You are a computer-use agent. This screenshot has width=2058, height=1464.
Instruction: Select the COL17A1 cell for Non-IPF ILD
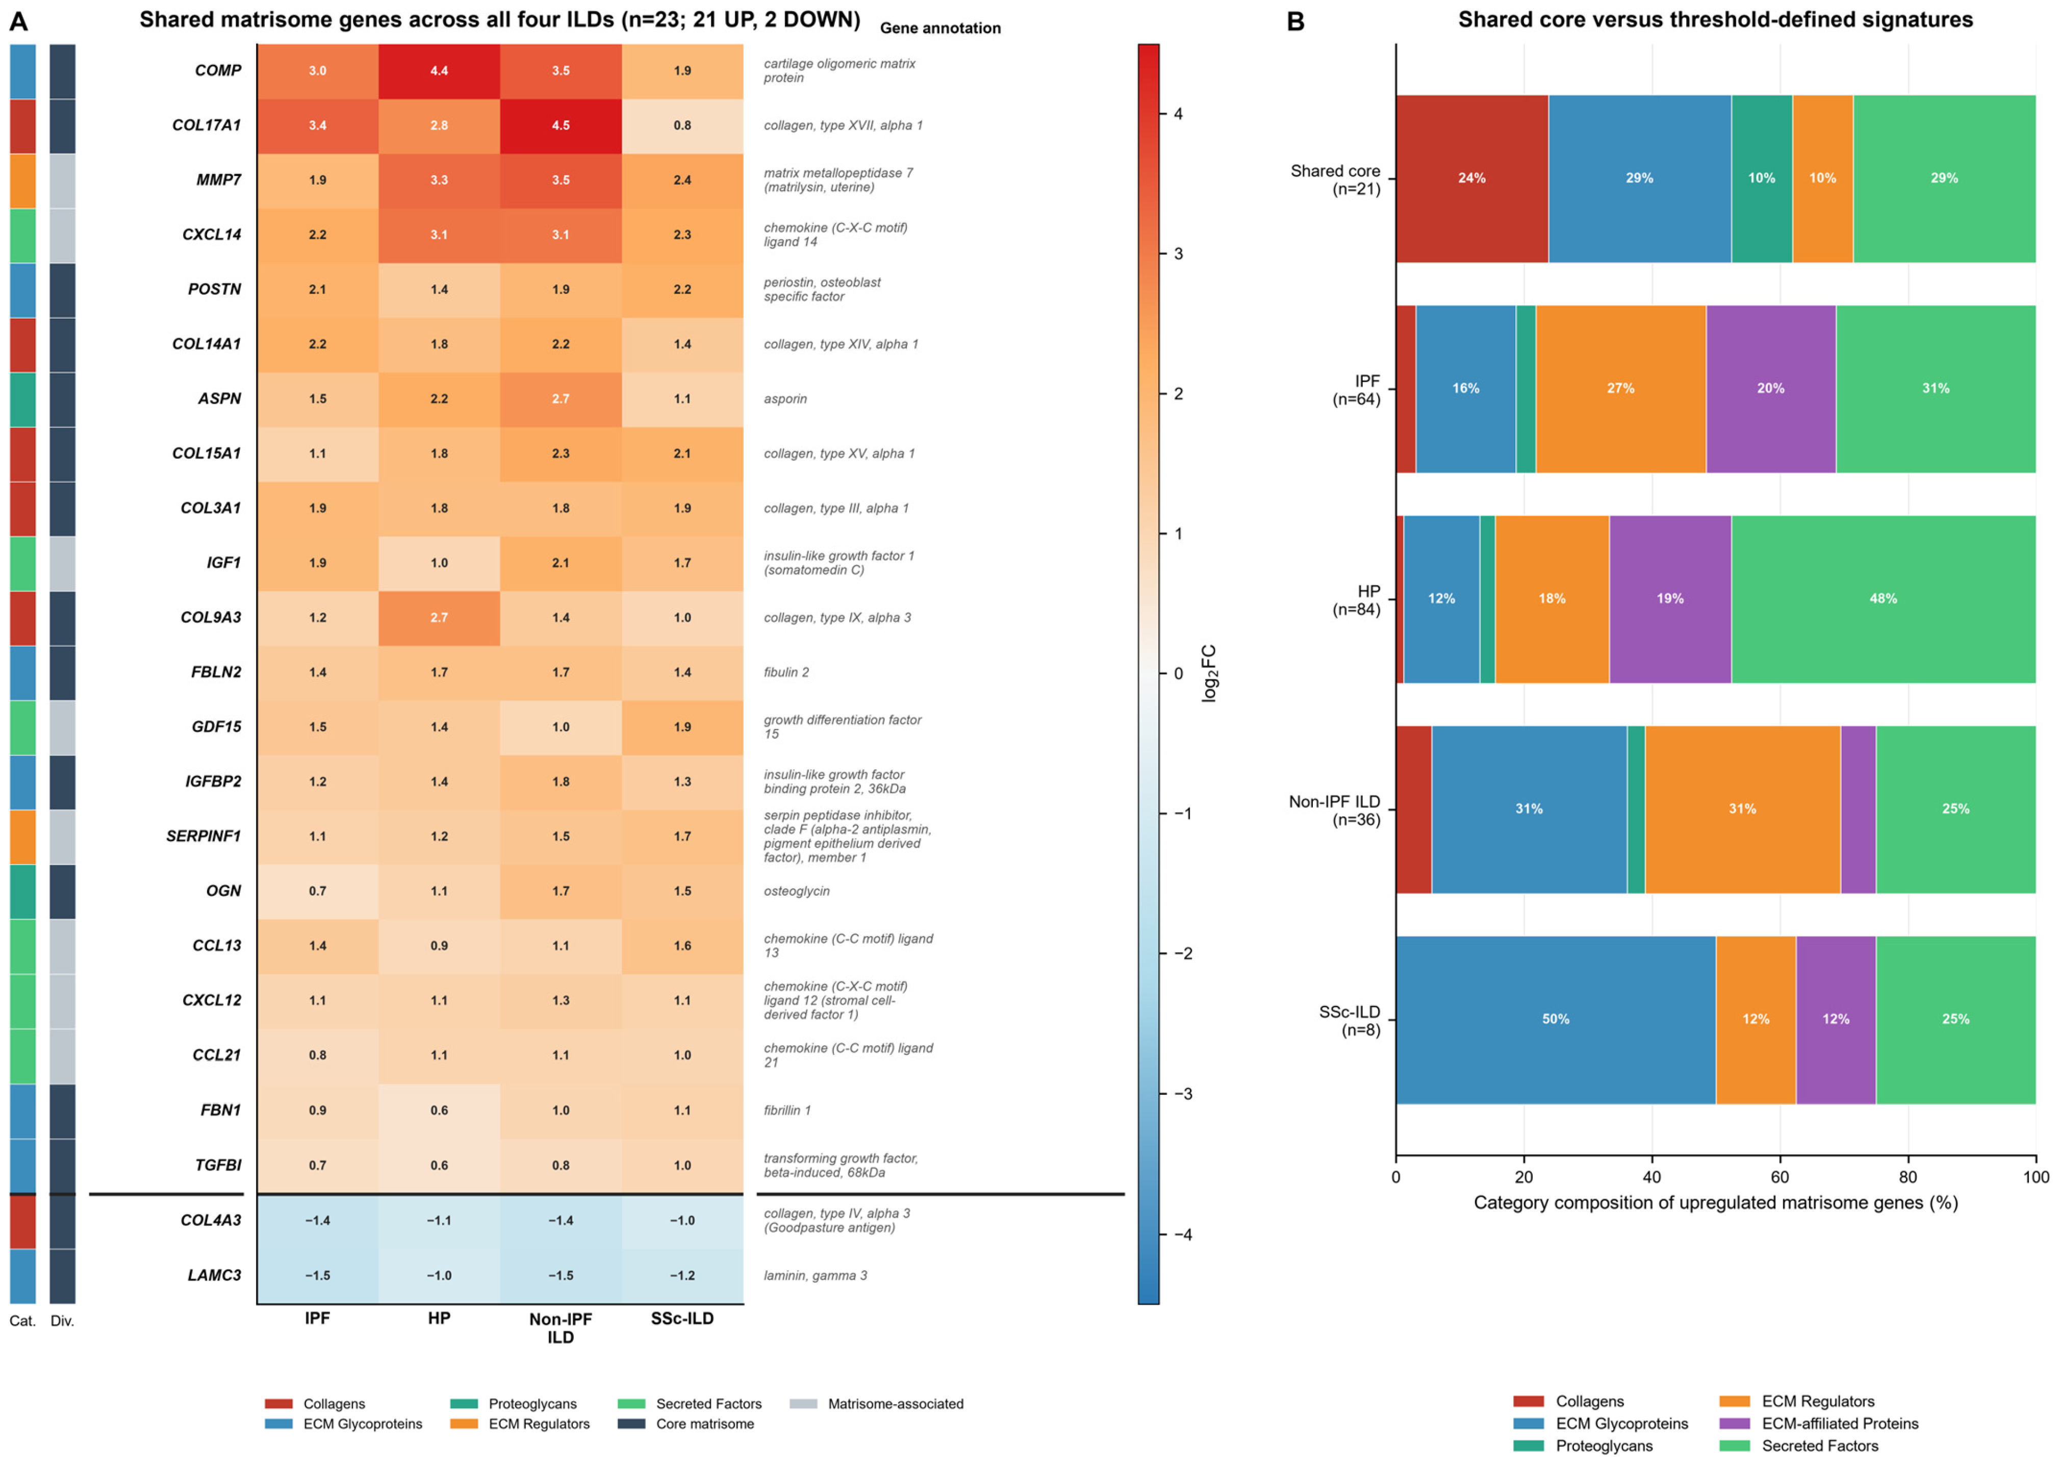tap(561, 125)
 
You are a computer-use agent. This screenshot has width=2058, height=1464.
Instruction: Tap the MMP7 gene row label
tap(219, 180)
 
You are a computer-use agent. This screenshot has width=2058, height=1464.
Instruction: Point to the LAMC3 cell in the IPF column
tap(317, 1276)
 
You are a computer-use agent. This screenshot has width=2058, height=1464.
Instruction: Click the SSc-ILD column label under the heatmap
tap(682, 1319)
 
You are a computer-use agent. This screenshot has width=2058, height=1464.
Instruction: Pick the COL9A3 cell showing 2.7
tap(439, 618)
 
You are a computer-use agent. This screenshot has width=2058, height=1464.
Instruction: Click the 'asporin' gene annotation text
tap(785, 398)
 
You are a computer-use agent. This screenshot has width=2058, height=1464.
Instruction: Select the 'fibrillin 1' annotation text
tap(787, 1110)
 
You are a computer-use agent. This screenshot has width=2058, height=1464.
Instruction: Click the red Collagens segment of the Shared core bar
tap(1472, 179)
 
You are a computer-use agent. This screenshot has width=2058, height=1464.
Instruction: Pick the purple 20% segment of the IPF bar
tap(1770, 389)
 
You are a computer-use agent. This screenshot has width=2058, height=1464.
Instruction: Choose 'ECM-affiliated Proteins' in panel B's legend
tap(1840, 1423)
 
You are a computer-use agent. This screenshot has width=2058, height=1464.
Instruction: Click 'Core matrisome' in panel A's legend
tap(705, 1424)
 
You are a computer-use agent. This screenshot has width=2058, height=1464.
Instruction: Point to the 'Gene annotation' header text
tap(940, 28)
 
